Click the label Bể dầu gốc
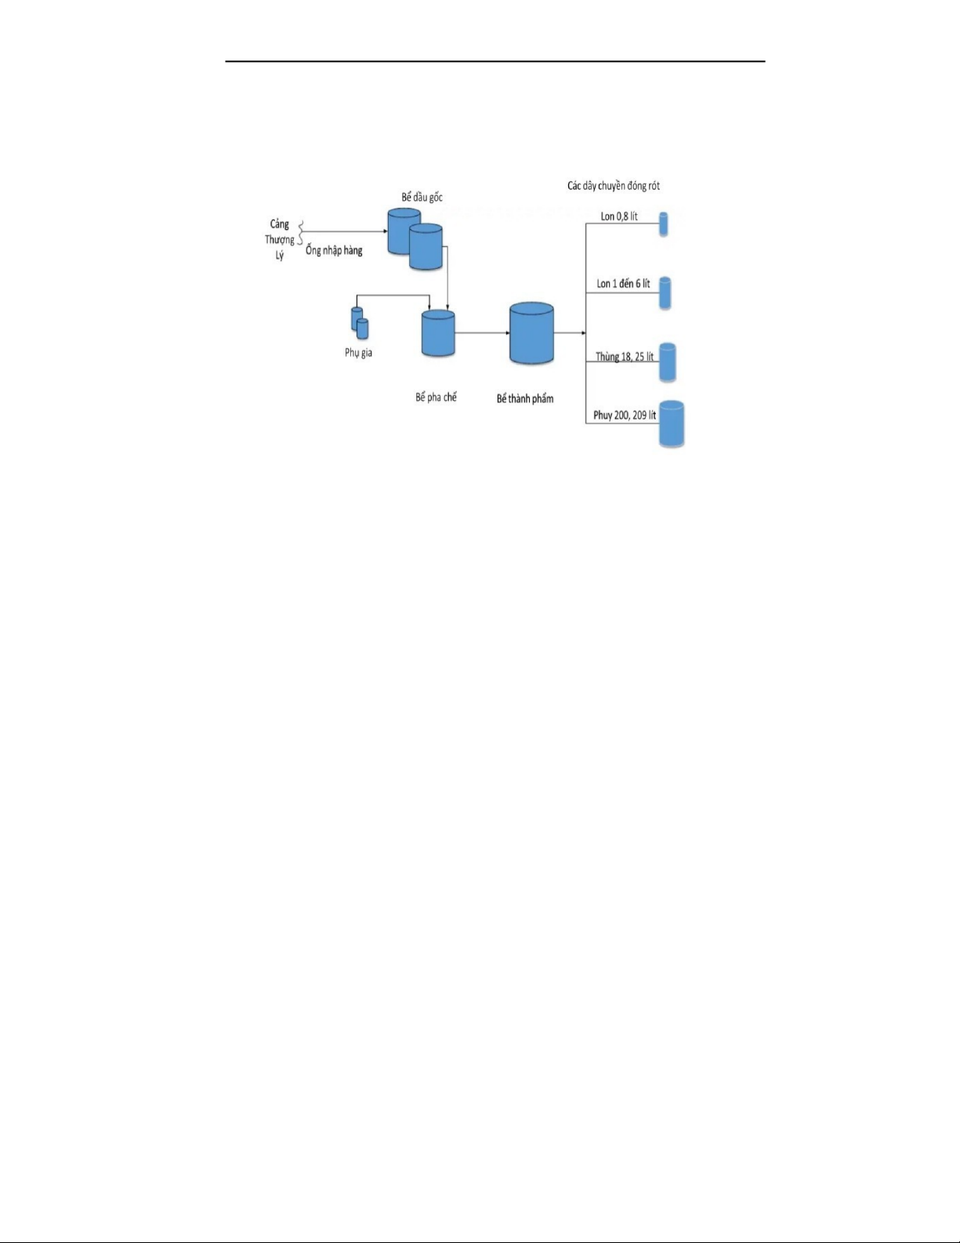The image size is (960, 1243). (422, 198)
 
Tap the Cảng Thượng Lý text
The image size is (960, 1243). (279, 240)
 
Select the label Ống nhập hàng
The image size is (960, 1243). (334, 251)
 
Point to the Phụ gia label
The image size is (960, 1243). (358, 353)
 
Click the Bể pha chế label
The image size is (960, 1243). (436, 398)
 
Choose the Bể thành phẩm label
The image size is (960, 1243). (524, 399)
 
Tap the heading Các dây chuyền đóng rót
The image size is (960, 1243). (613, 187)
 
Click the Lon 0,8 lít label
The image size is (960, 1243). (618, 216)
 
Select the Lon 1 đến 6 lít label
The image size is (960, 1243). (623, 284)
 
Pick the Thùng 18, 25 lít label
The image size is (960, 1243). (624, 357)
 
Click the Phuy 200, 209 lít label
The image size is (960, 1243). (625, 416)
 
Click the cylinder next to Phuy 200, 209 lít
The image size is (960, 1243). (672, 424)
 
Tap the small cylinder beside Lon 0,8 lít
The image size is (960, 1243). (664, 224)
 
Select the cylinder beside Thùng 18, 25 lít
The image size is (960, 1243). (667, 362)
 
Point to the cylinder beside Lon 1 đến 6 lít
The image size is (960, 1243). (665, 293)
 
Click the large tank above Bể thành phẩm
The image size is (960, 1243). (531, 333)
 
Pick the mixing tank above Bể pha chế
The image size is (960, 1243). (438, 333)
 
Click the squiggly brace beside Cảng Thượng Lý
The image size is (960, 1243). (301, 233)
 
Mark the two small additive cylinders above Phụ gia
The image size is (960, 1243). (359, 322)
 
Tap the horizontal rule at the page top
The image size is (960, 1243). (494, 61)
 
